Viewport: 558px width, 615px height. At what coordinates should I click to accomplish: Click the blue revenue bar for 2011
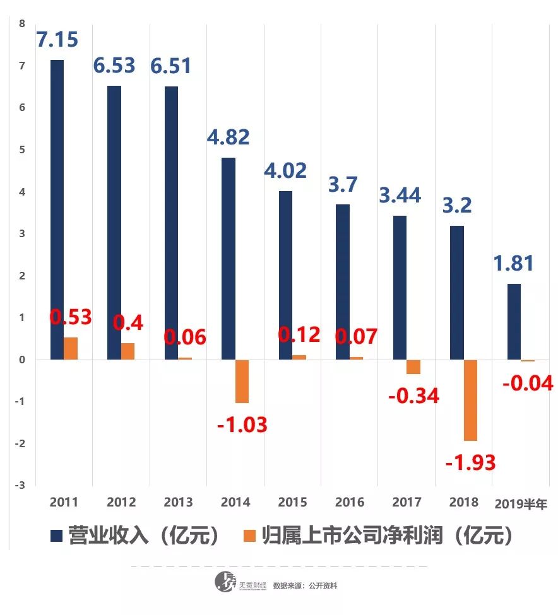(x=57, y=209)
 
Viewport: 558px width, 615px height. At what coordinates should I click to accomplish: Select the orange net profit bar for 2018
(x=470, y=400)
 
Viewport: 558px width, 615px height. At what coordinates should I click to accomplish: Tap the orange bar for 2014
(x=242, y=381)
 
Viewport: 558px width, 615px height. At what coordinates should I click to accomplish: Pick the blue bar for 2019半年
(x=514, y=322)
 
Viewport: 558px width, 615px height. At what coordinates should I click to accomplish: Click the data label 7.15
(x=57, y=40)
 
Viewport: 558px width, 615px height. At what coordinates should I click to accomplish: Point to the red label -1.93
(x=470, y=462)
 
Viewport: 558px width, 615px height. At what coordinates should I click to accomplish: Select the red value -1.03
(x=242, y=425)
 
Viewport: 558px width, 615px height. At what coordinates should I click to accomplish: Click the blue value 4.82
(x=228, y=137)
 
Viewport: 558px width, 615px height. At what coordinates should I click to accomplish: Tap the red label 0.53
(x=71, y=317)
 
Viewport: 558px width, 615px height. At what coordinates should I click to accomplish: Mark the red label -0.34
(x=413, y=396)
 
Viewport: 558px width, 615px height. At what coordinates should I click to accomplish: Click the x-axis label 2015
(x=292, y=503)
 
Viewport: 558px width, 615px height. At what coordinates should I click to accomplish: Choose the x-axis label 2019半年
(x=521, y=503)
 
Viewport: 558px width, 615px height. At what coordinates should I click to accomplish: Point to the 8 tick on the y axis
(x=22, y=24)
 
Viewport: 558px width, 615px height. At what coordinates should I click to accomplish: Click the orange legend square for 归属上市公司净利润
(x=250, y=536)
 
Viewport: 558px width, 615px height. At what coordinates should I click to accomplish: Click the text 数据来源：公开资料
(x=305, y=586)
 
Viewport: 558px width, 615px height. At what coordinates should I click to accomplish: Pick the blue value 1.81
(x=513, y=263)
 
